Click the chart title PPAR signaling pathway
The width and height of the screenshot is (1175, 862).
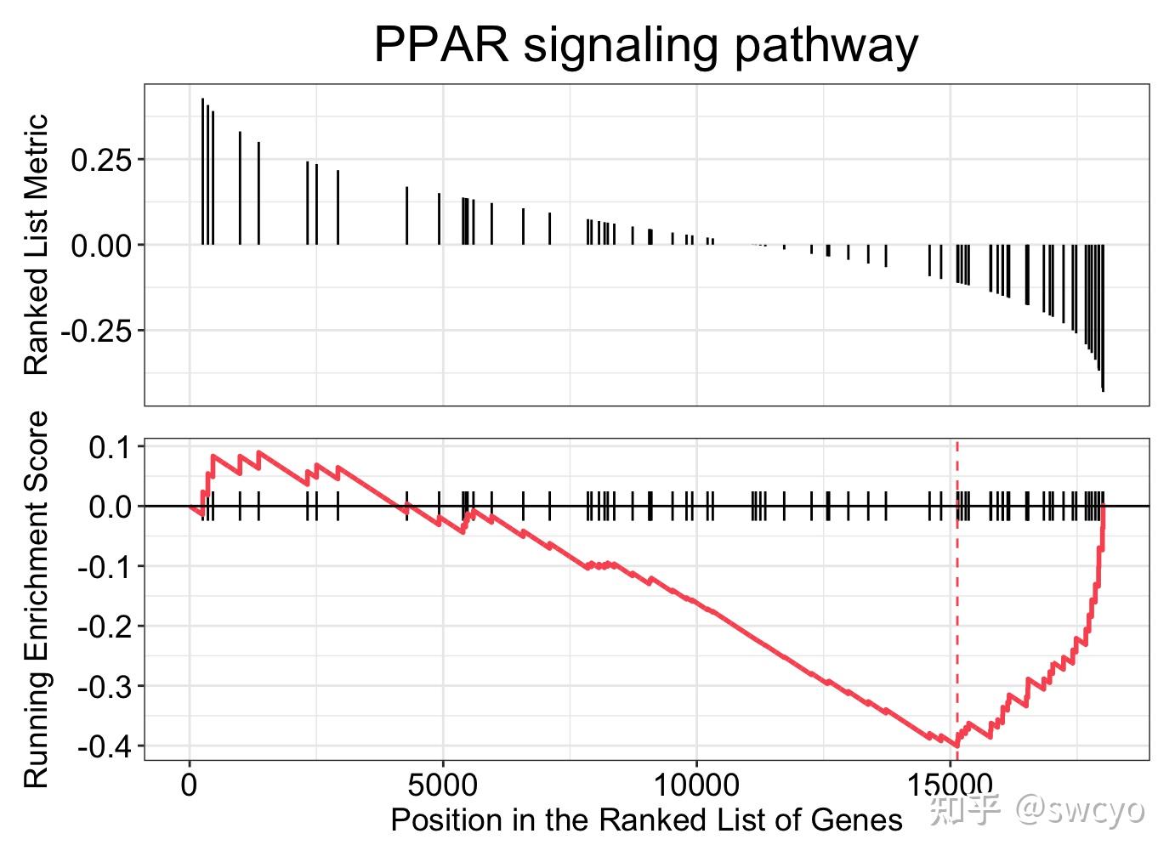click(645, 44)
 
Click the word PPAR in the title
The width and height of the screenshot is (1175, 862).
click(441, 44)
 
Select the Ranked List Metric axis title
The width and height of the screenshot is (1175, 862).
click(37, 245)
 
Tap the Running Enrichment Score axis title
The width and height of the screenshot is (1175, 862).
click(37, 599)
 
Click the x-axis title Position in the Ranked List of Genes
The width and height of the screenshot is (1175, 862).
click(646, 819)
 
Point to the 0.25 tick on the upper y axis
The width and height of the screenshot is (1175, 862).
click(101, 160)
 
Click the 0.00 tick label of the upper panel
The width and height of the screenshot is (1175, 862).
click(101, 246)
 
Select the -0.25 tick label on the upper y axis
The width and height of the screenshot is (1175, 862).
click(95, 331)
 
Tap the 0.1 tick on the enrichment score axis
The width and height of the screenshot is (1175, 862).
click(112, 447)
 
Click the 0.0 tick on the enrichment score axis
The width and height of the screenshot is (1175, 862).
click(112, 507)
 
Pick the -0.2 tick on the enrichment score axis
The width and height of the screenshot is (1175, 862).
click(106, 627)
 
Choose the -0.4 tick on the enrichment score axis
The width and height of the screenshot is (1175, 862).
click(106, 746)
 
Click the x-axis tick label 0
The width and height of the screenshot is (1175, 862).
click(190, 784)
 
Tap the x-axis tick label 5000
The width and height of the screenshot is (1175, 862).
click(443, 784)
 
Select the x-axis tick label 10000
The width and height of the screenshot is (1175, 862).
click(696, 784)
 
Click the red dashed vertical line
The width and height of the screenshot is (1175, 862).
click(957, 595)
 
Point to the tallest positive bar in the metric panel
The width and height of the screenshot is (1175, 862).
click(202, 170)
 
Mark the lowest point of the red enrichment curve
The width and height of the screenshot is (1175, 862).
click(957, 746)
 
